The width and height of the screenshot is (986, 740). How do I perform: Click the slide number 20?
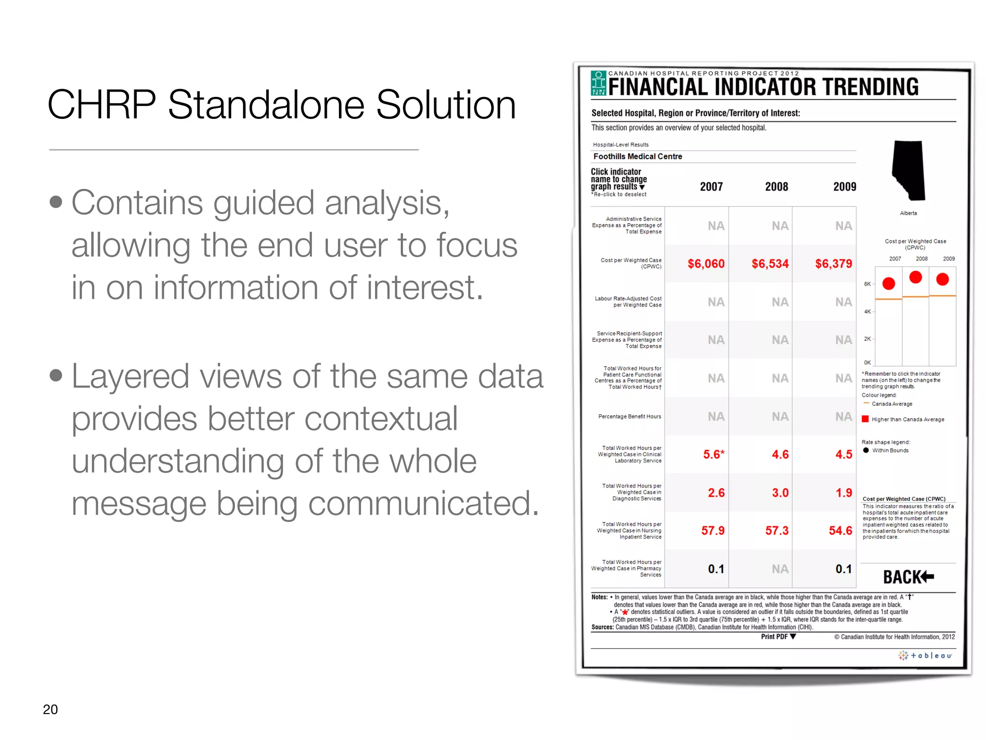[50, 709]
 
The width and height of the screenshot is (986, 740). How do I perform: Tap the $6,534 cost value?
[770, 264]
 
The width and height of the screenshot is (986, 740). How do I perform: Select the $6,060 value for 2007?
[706, 264]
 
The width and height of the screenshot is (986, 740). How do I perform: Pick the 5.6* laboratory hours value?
[714, 454]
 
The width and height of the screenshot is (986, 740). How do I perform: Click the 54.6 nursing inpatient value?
[840, 530]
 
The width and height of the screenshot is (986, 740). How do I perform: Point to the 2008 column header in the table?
[777, 187]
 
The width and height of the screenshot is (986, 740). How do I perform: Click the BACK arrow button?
[908, 577]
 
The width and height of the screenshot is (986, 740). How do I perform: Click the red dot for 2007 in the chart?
[889, 283]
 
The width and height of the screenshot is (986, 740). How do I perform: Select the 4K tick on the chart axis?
[867, 312]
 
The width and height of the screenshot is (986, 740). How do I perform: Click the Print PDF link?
[778, 636]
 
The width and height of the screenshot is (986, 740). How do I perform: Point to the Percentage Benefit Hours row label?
[629, 416]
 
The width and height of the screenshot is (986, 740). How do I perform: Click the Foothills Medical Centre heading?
[637, 157]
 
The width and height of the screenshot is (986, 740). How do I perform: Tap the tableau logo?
[925, 655]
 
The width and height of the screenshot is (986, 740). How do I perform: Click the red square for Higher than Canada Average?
[865, 419]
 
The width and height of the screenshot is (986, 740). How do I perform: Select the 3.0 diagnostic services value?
[780, 492]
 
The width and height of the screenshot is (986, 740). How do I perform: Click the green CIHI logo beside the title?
[598, 83]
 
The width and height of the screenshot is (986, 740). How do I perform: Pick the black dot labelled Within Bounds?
[866, 450]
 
